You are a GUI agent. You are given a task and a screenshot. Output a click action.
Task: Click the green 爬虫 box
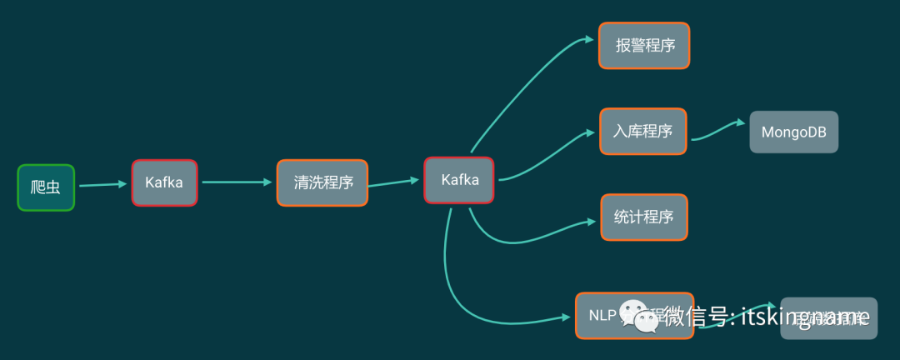[46, 187]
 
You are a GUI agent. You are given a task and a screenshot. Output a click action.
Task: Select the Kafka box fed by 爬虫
[164, 182]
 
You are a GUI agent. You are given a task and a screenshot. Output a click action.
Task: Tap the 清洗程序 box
[322, 182]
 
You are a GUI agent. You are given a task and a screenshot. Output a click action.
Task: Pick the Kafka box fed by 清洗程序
[459, 179]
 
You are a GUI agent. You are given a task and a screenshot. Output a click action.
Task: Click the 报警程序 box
[644, 46]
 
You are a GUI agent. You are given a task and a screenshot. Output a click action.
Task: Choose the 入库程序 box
[643, 131]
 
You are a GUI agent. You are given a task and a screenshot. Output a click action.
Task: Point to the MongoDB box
[793, 132]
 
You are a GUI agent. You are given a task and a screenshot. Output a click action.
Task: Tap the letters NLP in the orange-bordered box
[602, 315]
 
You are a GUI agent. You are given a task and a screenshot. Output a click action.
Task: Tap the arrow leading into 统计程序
[533, 237]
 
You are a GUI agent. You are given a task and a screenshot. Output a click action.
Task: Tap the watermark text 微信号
[696, 317]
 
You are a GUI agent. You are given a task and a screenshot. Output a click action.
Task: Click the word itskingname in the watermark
[804, 317]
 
